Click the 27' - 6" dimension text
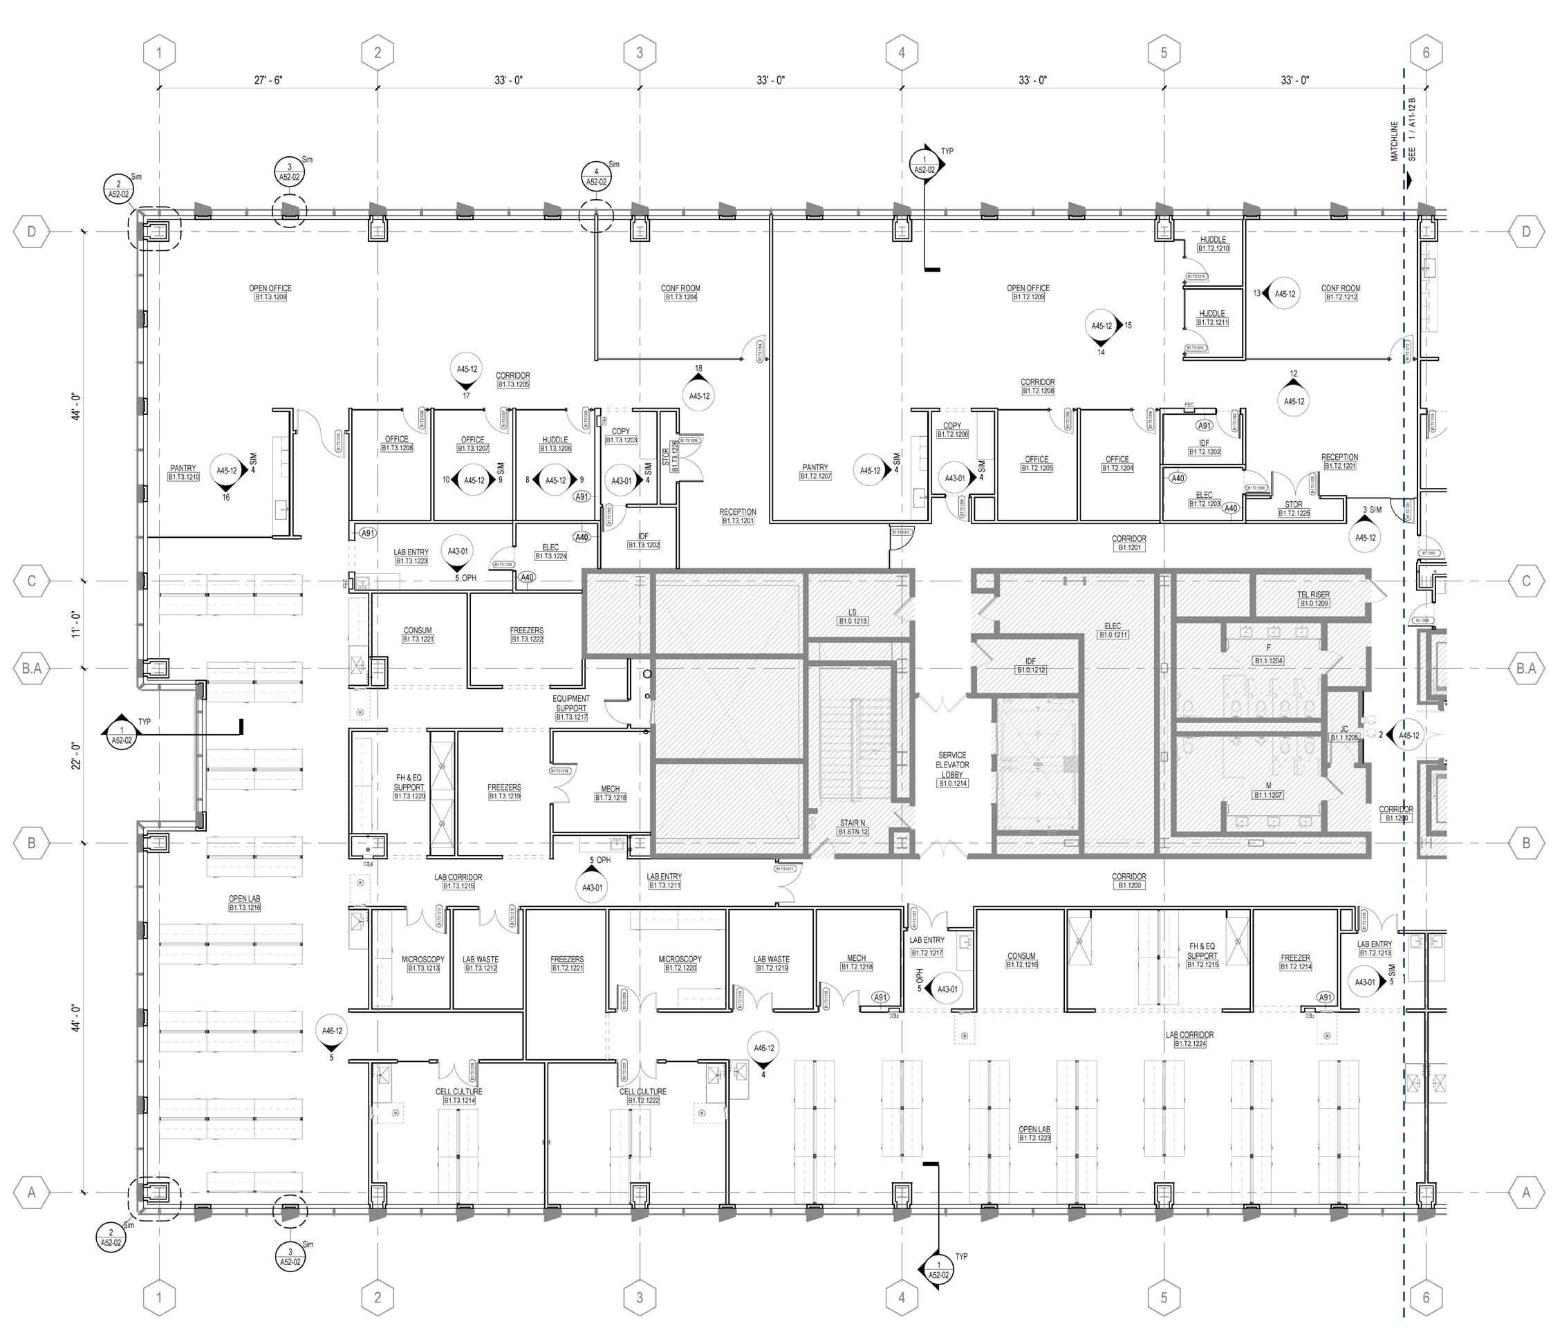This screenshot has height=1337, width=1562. click(x=268, y=80)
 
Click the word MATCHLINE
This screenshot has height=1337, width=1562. click(x=1395, y=141)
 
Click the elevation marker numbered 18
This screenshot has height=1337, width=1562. click(x=699, y=391)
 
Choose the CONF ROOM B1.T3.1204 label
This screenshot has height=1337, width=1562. click(x=680, y=292)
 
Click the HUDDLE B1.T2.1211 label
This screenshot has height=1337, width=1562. click(x=1212, y=317)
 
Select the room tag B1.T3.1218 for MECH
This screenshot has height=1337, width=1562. click(x=610, y=797)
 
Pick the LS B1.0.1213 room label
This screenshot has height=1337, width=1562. click(x=853, y=617)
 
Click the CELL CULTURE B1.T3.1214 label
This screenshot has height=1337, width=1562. click(x=458, y=1096)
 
